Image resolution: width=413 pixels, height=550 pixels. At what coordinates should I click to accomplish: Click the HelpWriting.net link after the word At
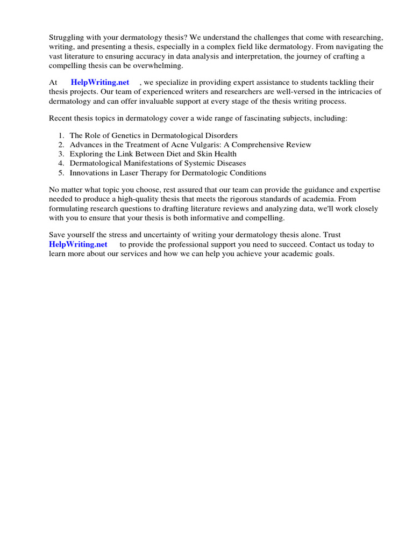click(100, 82)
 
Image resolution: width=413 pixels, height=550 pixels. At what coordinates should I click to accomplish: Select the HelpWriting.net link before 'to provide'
click(78, 244)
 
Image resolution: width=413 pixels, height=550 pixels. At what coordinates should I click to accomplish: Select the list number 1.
click(61, 135)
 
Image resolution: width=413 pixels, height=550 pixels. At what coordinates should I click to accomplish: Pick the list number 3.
click(61, 154)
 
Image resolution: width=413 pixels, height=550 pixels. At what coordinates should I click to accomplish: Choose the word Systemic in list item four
click(196, 163)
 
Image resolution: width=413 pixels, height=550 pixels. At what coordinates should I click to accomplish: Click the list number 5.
click(61, 173)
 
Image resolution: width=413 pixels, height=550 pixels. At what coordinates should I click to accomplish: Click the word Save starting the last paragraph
click(58, 235)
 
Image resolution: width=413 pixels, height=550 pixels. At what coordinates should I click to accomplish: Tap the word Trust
click(330, 235)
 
